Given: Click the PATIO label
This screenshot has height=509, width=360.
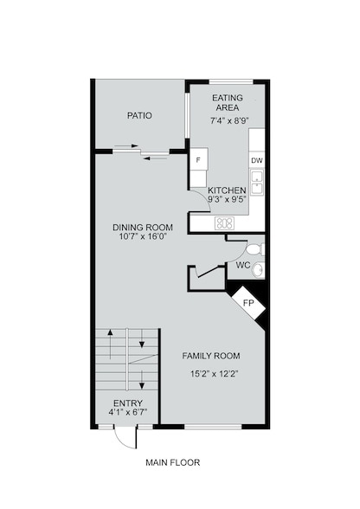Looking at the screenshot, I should pos(139,115).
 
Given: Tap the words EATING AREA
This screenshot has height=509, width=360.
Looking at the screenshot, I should pos(227,103).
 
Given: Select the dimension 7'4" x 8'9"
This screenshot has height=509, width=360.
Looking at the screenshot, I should pos(227,122).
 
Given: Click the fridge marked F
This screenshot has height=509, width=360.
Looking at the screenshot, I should pos(198,161).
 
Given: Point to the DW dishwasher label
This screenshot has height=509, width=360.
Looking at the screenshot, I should pos(257,162).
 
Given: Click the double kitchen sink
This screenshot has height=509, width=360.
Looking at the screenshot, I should pos(257,184).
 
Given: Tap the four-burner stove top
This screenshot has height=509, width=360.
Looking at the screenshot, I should pos(224,223).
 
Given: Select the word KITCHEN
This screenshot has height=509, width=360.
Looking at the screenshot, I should pos(228,190).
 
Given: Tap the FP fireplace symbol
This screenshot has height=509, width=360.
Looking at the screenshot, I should pos(247,303).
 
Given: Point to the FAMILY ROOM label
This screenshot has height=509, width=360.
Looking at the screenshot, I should pos(211,356).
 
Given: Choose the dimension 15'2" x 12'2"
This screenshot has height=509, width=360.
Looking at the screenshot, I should pos(211,375).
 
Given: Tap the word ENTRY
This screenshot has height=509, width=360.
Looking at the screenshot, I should pos(129,403).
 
